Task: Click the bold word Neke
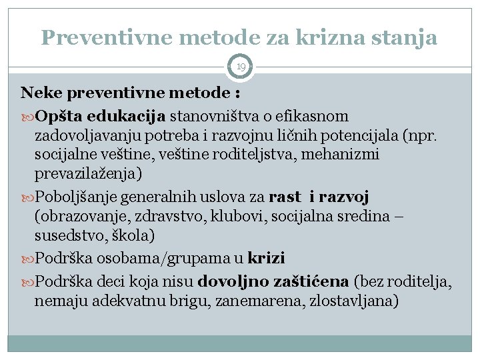coord(41,91)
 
